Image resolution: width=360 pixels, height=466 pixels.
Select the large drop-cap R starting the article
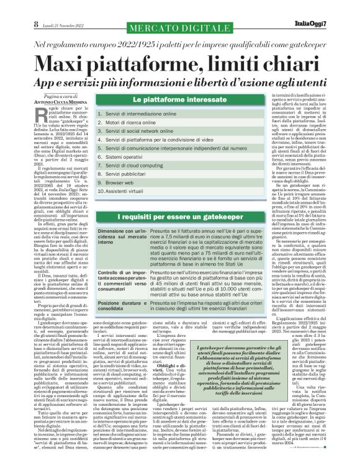coord(43,113)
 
